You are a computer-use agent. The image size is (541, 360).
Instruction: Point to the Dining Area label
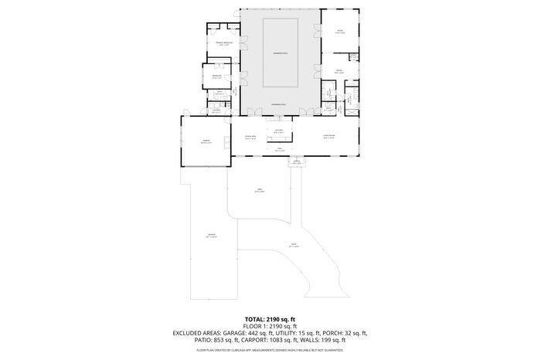pos(250,138)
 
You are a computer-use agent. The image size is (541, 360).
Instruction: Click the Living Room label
pos(328,138)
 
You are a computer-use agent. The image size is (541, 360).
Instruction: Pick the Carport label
pos(210,235)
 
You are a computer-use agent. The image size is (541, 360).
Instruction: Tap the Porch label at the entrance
pos(296,162)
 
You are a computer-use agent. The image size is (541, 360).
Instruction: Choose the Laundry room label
pos(217,110)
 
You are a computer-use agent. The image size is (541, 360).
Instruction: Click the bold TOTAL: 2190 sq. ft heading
pos(270,319)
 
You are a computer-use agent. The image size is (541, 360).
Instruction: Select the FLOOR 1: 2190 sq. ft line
pos(270,326)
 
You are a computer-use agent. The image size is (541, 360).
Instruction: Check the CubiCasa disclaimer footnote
pos(270,350)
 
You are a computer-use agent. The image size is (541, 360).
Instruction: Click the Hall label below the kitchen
pos(279,150)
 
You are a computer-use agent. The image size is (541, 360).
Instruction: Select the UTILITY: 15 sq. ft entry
pos(292,333)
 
